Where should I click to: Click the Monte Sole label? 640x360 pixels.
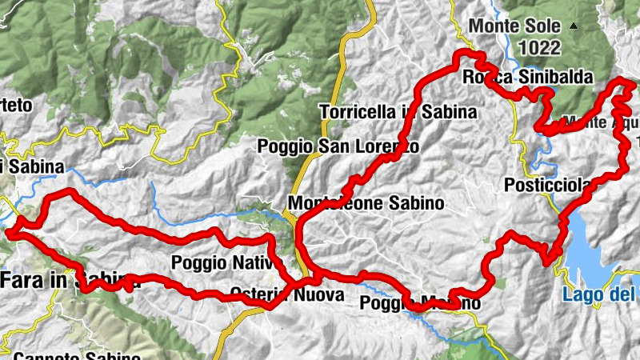pyautogui.click(x=514, y=26)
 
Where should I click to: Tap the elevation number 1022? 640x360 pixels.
pyautogui.click(x=539, y=48)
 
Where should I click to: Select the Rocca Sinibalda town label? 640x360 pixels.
pyautogui.click(x=528, y=78)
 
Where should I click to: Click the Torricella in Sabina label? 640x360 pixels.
pyautogui.click(x=398, y=112)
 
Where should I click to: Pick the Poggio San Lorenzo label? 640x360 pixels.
pyautogui.click(x=338, y=146)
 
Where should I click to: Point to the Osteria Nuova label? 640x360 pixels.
pyautogui.click(x=286, y=295)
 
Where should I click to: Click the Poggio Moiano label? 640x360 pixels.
pyautogui.click(x=421, y=303)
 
